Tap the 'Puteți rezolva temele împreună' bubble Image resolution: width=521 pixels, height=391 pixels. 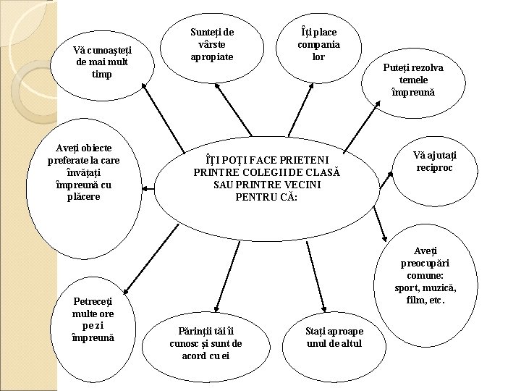tap(418, 80)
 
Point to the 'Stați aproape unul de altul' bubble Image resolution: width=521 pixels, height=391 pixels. tap(334, 337)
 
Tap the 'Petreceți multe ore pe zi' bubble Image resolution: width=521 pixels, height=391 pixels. tap(93, 318)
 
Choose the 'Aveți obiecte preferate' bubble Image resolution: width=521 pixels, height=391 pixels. tap(83, 172)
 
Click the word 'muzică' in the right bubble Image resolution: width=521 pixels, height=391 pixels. tap(439, 287)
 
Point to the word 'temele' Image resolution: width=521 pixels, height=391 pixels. tap(418, 80)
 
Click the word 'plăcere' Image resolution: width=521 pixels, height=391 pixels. tap(84, 196)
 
